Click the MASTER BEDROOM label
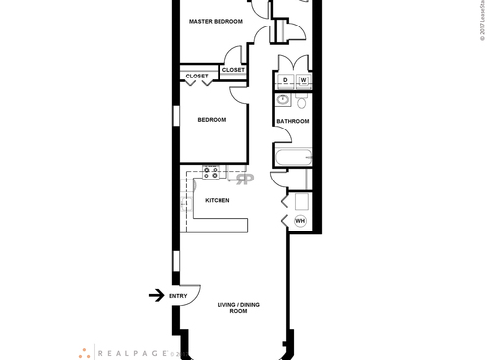coord(215,21)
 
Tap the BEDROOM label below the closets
coord(212,120)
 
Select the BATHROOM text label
coord(292,122)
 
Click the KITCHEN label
coord(217,200)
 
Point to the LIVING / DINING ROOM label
coord(232,308)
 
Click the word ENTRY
coord(178,296)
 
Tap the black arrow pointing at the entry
coord(155,295)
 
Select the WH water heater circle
coord(300,221)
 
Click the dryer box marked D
coord(285,80)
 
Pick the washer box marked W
coord(303,80)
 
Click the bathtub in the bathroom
coord(292,156)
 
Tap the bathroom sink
coord(282,100)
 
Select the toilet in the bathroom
coord(303,101)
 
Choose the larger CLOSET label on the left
coord(195,76)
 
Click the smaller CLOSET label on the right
coord(233,70)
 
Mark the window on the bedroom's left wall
coord(176,116)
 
